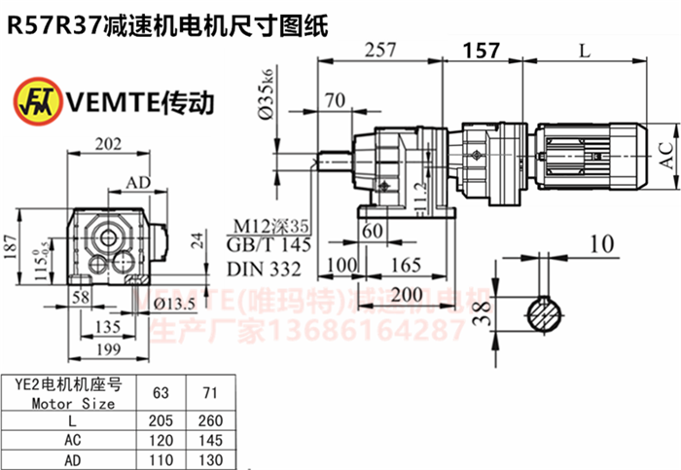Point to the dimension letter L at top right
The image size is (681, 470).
pyautogui.click(x=583, y=49)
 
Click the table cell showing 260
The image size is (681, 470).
pyautogui.click(x=209, y=420)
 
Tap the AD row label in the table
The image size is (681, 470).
pyautogui.click(x=73, y=458)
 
